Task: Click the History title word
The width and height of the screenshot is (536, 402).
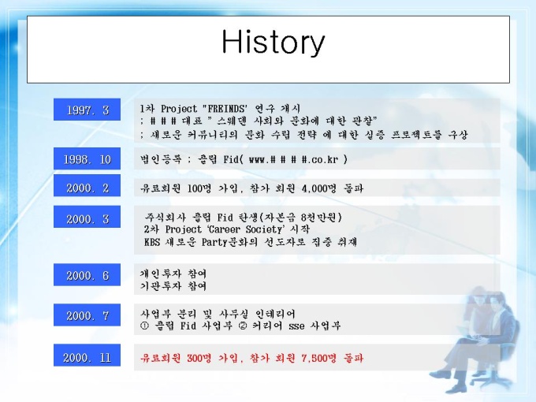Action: tap(273, 43)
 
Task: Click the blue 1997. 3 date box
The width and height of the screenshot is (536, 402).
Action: tap(87, 110)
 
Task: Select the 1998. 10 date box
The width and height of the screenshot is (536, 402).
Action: tap(87, 158)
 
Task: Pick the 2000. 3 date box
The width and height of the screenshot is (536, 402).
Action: tap(87, 217)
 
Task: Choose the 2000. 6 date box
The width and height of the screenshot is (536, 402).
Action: tap(87, 274)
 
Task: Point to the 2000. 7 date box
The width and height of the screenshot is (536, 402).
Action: tap(87, 315)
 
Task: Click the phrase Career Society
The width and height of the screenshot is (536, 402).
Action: tap(245, 229)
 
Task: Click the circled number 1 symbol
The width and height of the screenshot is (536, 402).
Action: tap(144, 326)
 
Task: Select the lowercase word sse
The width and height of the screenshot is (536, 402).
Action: tap(296, 326)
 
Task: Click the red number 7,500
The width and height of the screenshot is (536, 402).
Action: tap(315, 358)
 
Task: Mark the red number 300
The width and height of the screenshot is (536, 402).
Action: tap(195, 358)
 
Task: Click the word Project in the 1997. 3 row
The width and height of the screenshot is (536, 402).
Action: tap(179, 109)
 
